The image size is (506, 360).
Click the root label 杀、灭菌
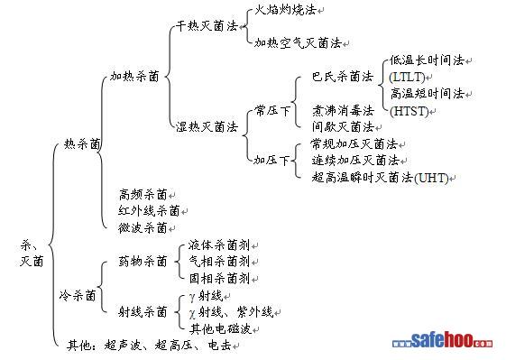coord(32,254)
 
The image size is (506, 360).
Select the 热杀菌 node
coord(82,143)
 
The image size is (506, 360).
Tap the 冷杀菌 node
coord(78,295)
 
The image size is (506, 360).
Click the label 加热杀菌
coord(134,76)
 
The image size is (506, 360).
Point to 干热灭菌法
coord(207,26)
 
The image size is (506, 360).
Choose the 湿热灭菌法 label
coord(207,126)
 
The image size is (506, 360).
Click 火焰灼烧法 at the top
coord(285,9)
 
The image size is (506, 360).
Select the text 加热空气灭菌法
coord(298,42)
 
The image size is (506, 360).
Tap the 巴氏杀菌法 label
coord(343,77)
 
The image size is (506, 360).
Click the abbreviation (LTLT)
coord(407,78)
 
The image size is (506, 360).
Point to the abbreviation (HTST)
coord(409,111)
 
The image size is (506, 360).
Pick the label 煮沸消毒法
coord(343,110)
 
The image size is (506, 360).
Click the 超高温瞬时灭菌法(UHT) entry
coord(380,178)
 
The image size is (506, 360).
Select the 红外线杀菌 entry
coord(149,211)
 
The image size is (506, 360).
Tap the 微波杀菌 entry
coord(143,228)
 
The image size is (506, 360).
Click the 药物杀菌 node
coord(143,261)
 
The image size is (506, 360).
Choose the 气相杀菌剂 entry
coord(219,261)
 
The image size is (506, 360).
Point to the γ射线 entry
coord(206,295)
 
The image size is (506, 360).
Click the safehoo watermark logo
coord(443,340)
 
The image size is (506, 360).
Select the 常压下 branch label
coord(272,111)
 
